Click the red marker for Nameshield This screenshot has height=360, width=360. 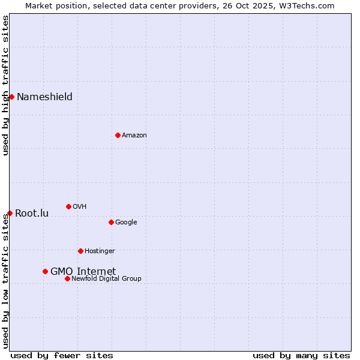click(x=11, y=97)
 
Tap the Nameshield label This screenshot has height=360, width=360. click(x=44, y=97)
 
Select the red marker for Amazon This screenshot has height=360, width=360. click(x=118, y=135)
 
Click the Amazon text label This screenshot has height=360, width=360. click(x=134, y=136)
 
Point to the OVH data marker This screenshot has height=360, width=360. click(x=68, y=206)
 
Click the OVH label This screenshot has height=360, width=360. click(x=80, y=207)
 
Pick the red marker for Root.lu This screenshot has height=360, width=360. click(x=10, y=213)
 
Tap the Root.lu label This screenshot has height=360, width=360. click(x=32, y=214)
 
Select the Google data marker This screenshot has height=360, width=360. click(x=111, y=222)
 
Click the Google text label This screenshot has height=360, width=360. click(x=126, y=223)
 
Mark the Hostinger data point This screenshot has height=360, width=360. click(x=80, y=251)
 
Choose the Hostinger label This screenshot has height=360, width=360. click(x=100, y=251)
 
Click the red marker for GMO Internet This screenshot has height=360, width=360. click(x=45, y=271)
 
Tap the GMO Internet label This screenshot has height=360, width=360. click(x=83, y=272)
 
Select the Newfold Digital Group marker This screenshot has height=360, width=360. click(x=67, y=278)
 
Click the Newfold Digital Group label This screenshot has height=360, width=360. click(x=106, y=279)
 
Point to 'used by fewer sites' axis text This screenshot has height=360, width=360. click(x=62, y=355)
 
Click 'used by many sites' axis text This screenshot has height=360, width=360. click(x=301, y=355)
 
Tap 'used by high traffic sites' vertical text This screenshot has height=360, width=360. click(x=5, y=85)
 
